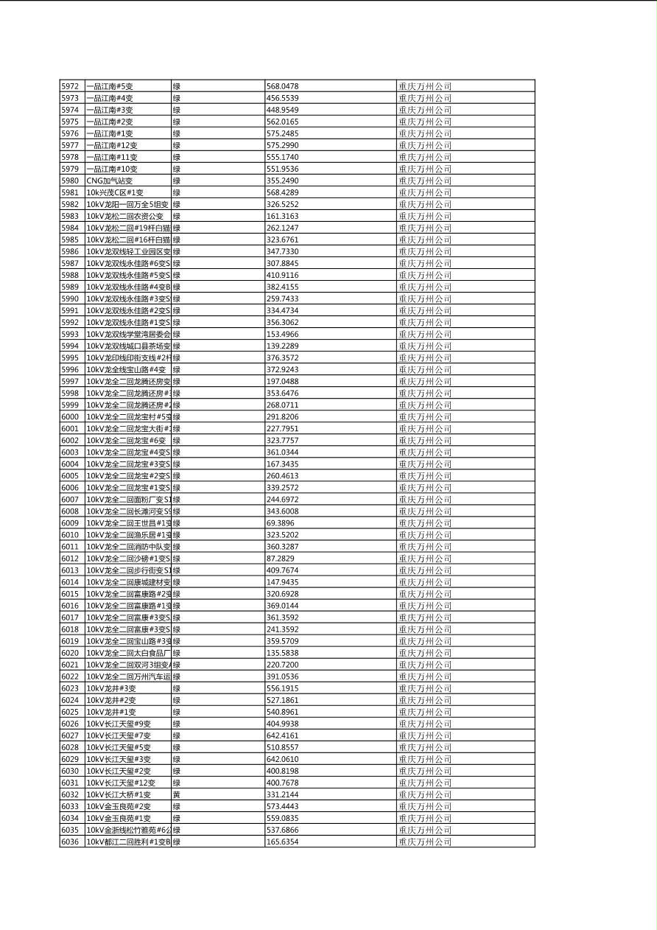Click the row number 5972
(70, 86)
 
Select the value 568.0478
(282, 86)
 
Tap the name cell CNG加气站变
(110, 181)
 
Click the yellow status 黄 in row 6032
(177, 794)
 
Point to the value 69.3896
(280, 523)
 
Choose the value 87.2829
(280, 559)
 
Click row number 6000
(70, 417)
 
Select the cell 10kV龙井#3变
(111, 688)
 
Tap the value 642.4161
(282, 735)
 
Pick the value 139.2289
(282, 346)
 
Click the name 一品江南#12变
(112, 145)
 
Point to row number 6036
(70, 842)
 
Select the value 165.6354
(282, 842)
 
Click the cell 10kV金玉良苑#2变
(119, 806)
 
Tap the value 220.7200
(282, 665)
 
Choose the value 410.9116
(282, 275)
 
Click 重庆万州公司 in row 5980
(425, 181)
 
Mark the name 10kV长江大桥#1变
(119, 794)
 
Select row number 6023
(70, 688)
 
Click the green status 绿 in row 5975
(177, 122)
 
